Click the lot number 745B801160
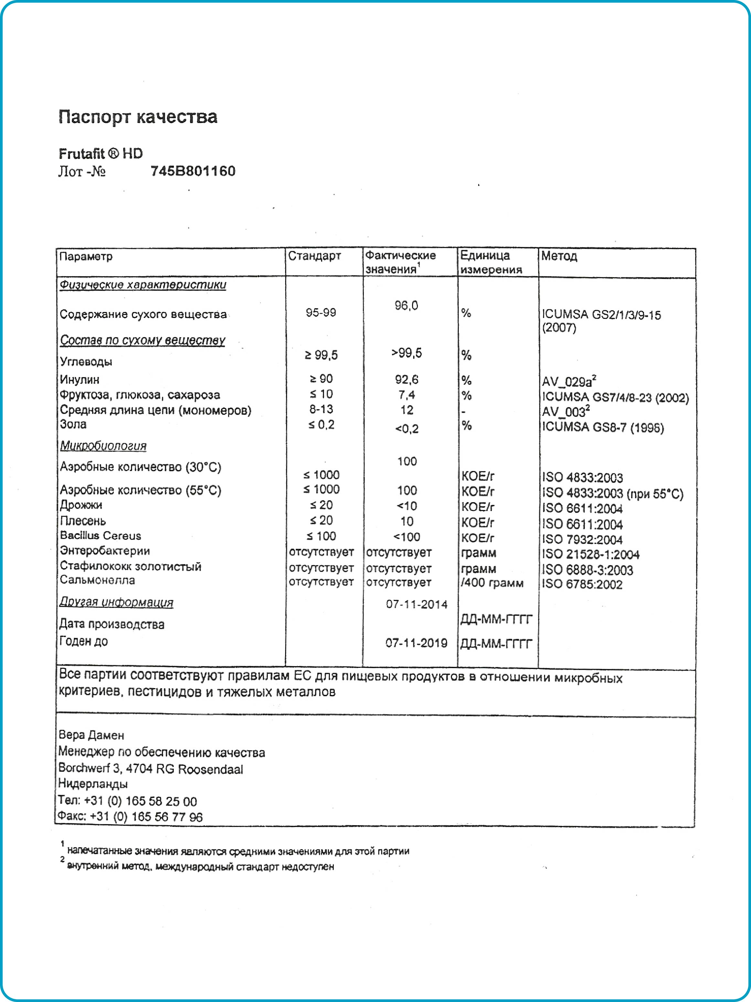(x=193, y=171)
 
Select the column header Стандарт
(x=314, y=256)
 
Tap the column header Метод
(x=559, y=256)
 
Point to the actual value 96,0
(x=406, y=306)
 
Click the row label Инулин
(x=80, y=379)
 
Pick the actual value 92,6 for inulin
(x=406, y=379)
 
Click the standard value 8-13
(x=321, y=410)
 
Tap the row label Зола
(x=73, y=424)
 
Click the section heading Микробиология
(x=103, y=446)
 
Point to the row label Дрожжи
(x=81, y=505)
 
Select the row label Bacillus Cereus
(x=100, y=536)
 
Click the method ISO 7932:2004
(x=582, y=539)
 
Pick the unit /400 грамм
(x=492, y=583)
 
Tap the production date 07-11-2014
(x=416, y=604)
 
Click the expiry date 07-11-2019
(x=416, y=643)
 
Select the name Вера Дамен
(x=91, y=735)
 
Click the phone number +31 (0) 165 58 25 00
(x=141, y=801)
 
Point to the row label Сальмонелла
(x=97, y=580)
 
